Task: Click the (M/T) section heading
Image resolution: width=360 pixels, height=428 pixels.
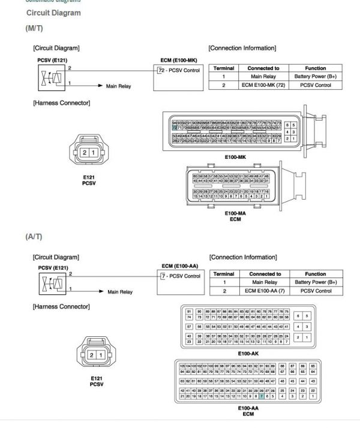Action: click(34, 28)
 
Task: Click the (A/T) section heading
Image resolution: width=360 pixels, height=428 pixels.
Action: click(34, 237)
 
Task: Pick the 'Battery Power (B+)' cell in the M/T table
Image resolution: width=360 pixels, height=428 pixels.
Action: click(315, 77)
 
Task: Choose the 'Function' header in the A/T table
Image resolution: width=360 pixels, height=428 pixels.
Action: click(316, 274)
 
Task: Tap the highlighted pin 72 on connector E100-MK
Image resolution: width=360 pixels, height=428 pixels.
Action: click(175, 128)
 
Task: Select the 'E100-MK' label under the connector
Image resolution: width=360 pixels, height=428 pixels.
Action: click(236, 157)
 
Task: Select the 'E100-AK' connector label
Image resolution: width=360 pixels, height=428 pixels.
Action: click(248, 354)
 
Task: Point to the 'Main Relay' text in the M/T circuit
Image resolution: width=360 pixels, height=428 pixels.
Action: click(118, 86)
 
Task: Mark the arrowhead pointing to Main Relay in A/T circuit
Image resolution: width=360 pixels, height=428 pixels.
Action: click(101, 292)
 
